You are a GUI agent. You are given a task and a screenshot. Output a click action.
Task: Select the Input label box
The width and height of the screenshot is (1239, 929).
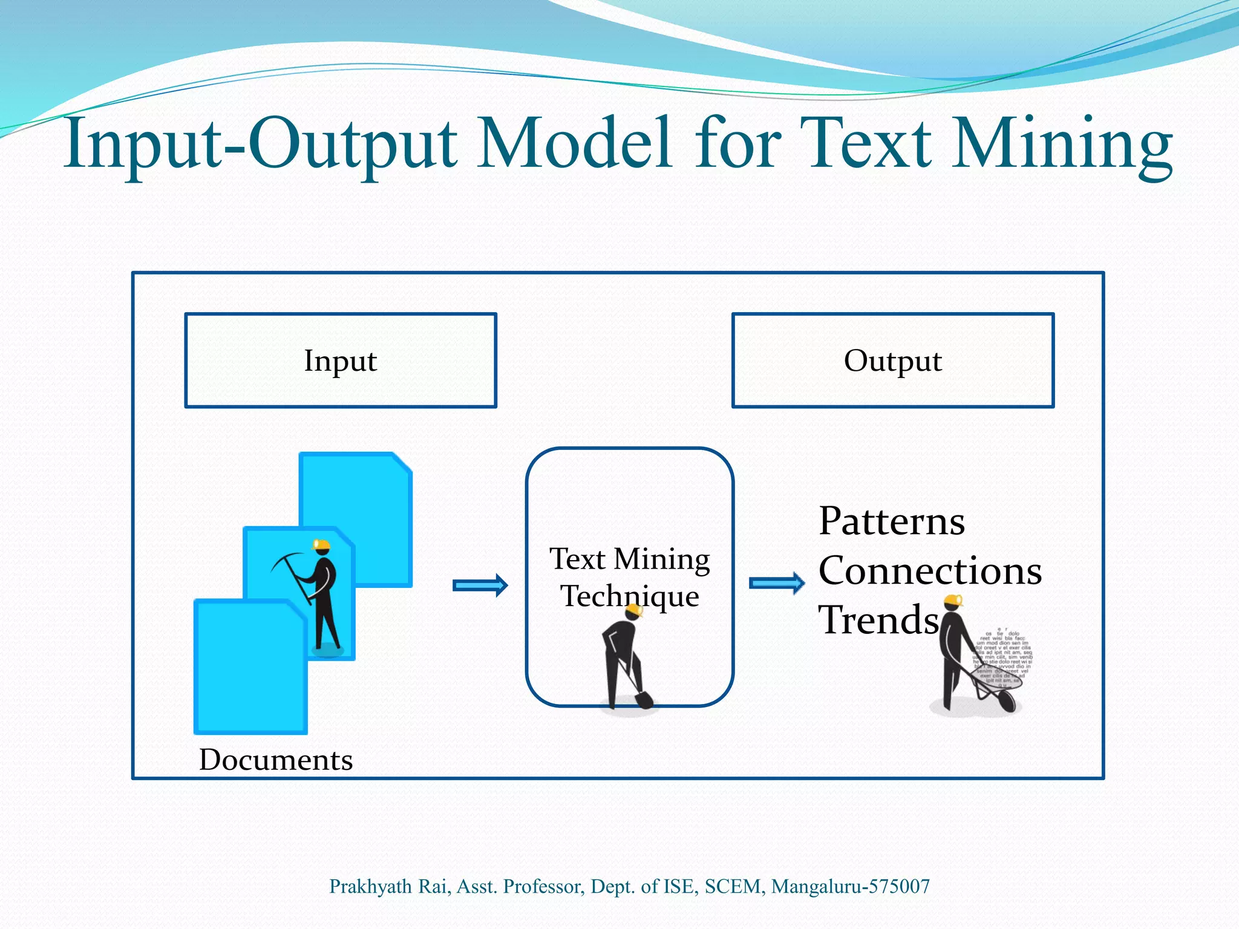pos(341,360)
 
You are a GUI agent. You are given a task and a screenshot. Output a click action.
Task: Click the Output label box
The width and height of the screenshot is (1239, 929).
pos(893,360)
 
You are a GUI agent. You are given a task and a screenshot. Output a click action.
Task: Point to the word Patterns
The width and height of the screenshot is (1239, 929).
pos(891,521)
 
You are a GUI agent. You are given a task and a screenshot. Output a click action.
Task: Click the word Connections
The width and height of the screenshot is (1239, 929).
pos(930,571)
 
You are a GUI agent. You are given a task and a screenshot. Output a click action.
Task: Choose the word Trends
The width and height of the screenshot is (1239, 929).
pos(878,620)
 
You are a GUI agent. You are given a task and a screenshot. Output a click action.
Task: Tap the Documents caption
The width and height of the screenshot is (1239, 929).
pos(275,760)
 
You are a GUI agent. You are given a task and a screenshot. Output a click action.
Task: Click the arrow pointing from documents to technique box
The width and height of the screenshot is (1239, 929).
pos(480,585)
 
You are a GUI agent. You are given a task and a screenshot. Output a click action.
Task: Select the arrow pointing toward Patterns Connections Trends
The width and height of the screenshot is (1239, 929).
pos(777,583)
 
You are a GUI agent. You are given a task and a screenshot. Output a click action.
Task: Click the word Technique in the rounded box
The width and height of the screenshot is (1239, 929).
pos(629,596)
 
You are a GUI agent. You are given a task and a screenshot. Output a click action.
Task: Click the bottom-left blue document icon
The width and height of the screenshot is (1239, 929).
pos(250,668)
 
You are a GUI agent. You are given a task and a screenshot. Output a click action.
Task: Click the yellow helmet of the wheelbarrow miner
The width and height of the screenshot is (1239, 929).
pos(953,600)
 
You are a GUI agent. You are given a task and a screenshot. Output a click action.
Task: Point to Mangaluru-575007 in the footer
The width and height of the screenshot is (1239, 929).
pos(850,886)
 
